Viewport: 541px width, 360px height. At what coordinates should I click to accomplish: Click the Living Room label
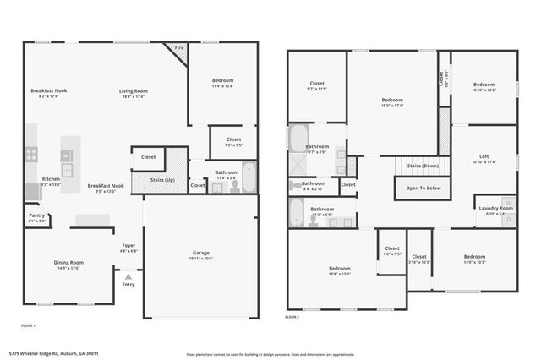coord(133,91)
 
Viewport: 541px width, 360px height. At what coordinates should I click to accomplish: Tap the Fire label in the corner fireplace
coord(178,49)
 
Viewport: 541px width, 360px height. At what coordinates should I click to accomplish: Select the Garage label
coord(200,253)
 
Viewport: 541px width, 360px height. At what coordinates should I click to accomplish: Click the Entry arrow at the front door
coord(128,276)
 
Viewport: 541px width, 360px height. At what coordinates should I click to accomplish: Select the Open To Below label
coord(423,188)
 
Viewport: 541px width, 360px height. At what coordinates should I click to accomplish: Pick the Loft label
coord(484,156)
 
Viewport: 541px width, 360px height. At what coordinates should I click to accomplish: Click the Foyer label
coord(128,247)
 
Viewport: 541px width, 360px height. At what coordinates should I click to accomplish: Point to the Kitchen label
coord(51,179)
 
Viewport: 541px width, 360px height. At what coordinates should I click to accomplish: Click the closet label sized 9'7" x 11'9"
coord(317,84)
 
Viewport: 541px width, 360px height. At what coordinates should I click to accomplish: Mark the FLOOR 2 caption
coord(292,316)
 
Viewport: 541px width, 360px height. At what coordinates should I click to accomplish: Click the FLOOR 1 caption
coord(28,325)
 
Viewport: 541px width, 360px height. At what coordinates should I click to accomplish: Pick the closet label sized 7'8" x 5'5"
coord(233,140)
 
